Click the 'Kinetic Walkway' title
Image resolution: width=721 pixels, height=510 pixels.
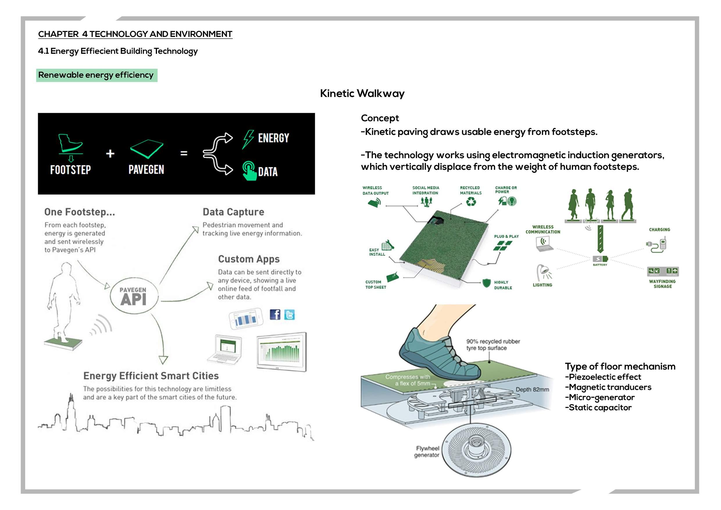pyautogui.click(x=362, y=93)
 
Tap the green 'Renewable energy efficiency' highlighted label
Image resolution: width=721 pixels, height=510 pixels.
pyautogui.click(x=97, y=75)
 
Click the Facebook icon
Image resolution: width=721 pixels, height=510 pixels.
pyautogui.click(x=275, y=314)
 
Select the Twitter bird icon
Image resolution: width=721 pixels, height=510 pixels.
pyautogui.click(x=289, y=314)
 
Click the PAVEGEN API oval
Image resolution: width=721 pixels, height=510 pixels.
pyautogui.click(x=134, y=296)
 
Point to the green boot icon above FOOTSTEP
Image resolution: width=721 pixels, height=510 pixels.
pyautogui.click(x=70, y=143)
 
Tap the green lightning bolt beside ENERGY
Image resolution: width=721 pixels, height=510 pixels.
pyautogui.click(x=248, y=139)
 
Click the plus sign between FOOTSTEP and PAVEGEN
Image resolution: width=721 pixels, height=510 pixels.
pyautogui.click(x=110, y=154)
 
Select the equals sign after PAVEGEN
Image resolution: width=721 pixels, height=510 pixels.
pyautogui.click(x=184, y=153)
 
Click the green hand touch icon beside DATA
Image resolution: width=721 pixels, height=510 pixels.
pyautogui.click(x=249, y=171)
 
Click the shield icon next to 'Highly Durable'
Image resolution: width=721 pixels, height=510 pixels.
pyautogui.click(x=486, y=283)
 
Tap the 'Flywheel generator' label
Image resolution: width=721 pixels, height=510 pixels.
pyautogui.click(x=427, y=452)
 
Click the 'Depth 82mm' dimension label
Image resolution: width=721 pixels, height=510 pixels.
pyautogui.click(x=532, y=389)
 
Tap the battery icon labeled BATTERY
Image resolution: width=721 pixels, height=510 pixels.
pyautogui.click(x=600, y=259)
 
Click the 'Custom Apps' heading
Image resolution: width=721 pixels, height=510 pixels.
pyautogui.click(x=248, y=259)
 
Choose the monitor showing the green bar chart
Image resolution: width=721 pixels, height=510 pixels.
pyautogui.click(x=281, y=352)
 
